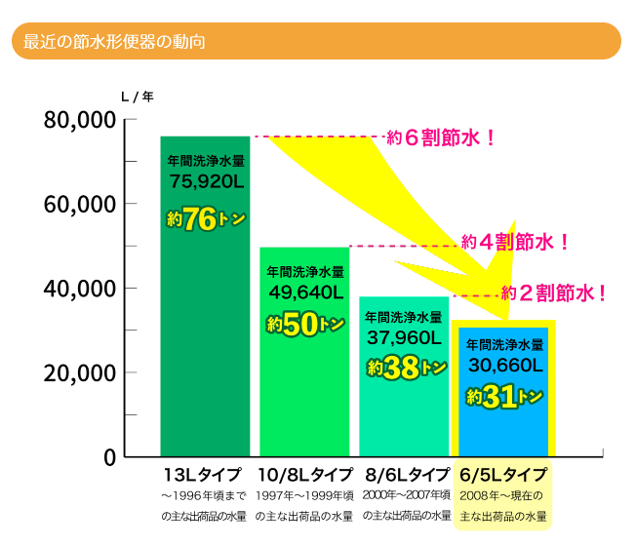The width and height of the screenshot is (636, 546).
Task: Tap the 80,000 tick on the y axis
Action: pyautogui.click(x=81, y=121)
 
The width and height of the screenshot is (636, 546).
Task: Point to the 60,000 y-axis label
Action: pyautogui.click(x=81, y=205)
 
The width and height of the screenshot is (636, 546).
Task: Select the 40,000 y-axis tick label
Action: pyautogui.click(x=81, y=289)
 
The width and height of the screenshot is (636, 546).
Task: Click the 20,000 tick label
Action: pyautogui.click(x=81, y=372)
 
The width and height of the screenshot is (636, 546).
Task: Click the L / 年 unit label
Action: pyautogui.click(x=137, y=97)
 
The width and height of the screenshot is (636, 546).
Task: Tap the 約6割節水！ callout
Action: pyautogui.click(x=441, y=137)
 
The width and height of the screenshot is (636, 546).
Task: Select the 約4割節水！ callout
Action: pyautogui.click(x=514, y=240)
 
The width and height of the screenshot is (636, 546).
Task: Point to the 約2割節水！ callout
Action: pyautogui.click(x=554, y=291)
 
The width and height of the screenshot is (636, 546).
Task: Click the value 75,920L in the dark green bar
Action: pyautogui.click(x=206, y=180)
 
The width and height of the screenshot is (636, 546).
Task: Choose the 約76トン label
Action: pyautogui.click(x=205, y=220)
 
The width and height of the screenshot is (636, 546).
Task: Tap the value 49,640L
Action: pyautogui.click(x=305, y=291)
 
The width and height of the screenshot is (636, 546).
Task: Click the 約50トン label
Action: pyautogui.click(x=305, y=326)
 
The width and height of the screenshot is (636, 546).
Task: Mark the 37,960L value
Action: pyautogui.click(x=405, y=337)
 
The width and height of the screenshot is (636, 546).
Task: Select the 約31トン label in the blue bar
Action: pyautogui.click(x=504, y=396)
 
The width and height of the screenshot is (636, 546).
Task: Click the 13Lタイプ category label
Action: pyautogui.click(x=204, y=475)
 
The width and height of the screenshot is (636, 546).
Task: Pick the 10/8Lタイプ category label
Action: pyautogui.click(x=305, y=475)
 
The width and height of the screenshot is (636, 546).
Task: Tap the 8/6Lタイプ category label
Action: pyautogui.click(x=406, y=475)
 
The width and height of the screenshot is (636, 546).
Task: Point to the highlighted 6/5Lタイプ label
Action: pyautogui.click(x=503, y=475)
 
